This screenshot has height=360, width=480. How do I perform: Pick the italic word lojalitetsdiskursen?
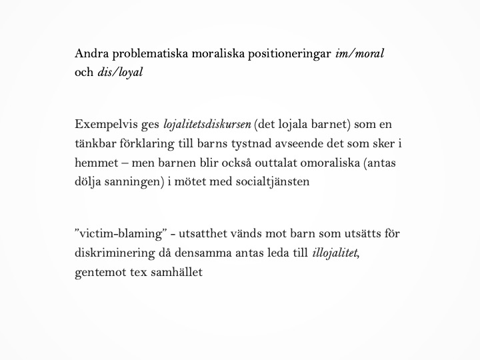point(207,125)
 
